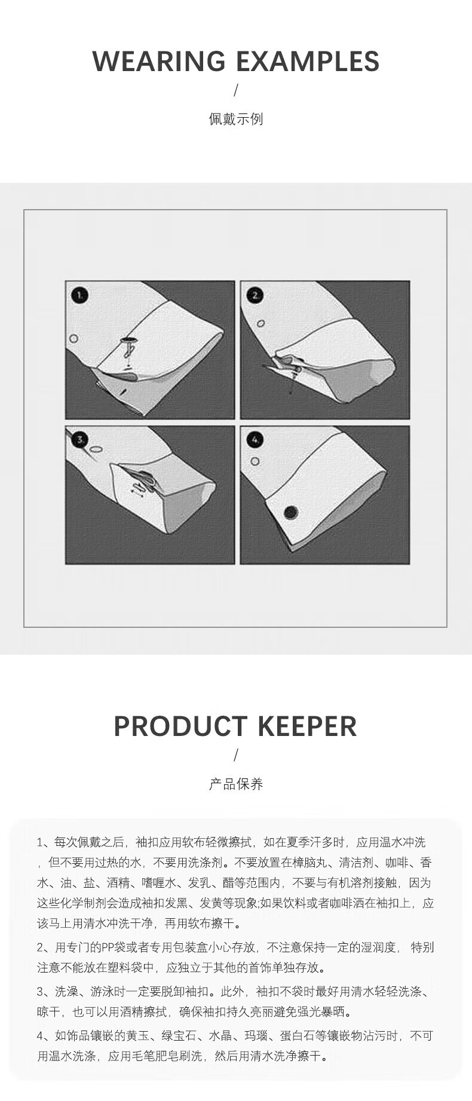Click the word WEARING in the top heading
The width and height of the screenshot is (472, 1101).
[x=159, y=62]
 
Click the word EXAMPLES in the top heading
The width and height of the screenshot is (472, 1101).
[x=308, y=62]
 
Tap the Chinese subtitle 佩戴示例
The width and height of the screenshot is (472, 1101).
[x=236, y=119]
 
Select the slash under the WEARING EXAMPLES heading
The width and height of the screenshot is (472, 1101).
[x=236, y=91]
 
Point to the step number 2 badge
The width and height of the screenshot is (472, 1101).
[x=256, y=295]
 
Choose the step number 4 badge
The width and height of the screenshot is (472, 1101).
[x=256, y=440]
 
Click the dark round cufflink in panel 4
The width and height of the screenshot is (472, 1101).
[x=291, y=512]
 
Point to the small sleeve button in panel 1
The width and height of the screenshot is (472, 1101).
[x=74, y=339]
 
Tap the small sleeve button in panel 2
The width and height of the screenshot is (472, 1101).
[x=261, y=324]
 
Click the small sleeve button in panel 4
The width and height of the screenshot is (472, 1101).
[x=255, y=462]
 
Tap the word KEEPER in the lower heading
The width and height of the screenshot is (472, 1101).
[x=308, y=726]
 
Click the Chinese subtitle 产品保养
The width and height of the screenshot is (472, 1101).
[x=236, y=784]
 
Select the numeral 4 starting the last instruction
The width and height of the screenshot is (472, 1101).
[x=41, y=1035]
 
